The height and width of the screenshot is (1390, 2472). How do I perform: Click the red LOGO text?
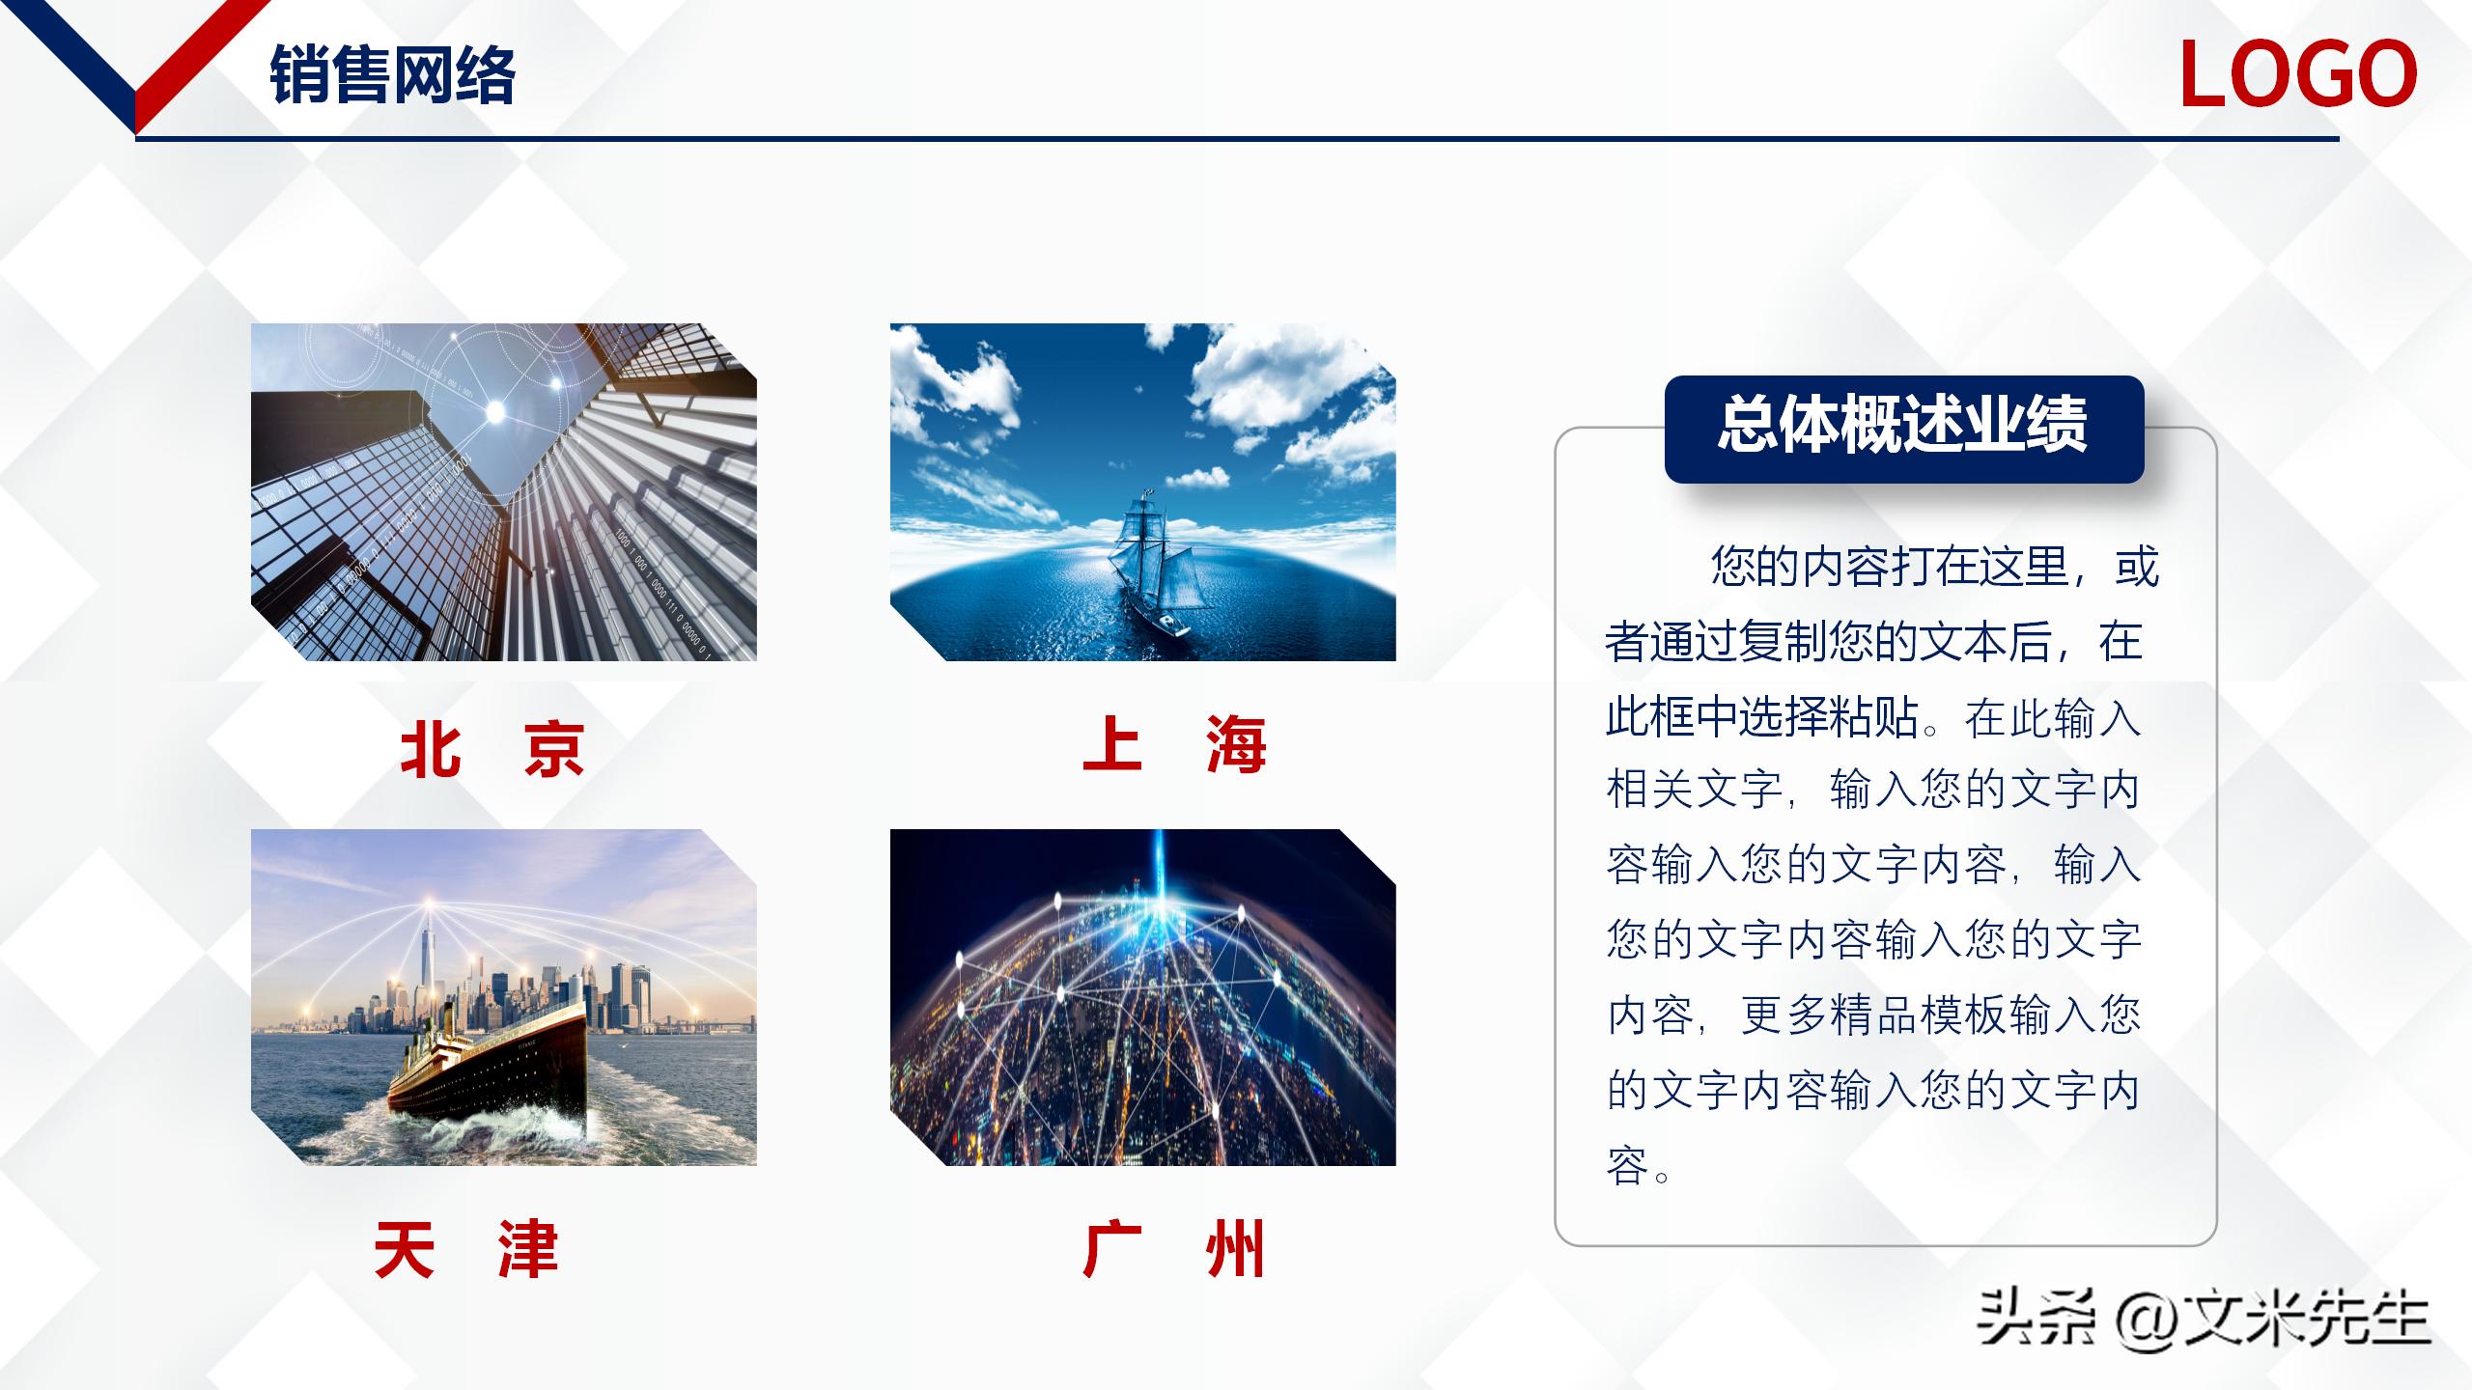(2297, 74)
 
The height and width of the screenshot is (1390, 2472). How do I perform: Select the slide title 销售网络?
(392, 74)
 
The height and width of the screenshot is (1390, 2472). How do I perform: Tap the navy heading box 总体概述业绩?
(1903, 428)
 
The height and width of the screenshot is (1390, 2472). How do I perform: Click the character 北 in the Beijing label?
(430, 748)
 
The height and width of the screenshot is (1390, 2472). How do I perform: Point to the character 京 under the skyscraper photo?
(554, 748)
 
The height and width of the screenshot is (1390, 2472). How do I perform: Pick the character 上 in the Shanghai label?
(1112, 744)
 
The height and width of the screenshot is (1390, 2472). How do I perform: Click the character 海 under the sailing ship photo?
(1236, 744)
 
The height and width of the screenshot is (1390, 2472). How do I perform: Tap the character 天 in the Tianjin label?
(404, 1250)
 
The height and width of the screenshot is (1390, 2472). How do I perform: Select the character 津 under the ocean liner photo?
(528, 1250)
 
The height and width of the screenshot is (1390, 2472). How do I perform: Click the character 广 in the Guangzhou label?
(1112, 1250)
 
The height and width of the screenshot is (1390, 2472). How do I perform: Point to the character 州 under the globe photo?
(1236, 1250)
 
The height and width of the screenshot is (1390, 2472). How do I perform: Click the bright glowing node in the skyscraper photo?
(495, 412)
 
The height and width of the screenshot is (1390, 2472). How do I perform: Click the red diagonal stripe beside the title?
(198, 58)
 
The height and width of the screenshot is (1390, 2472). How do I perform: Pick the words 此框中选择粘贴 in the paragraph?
(1761, 717)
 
